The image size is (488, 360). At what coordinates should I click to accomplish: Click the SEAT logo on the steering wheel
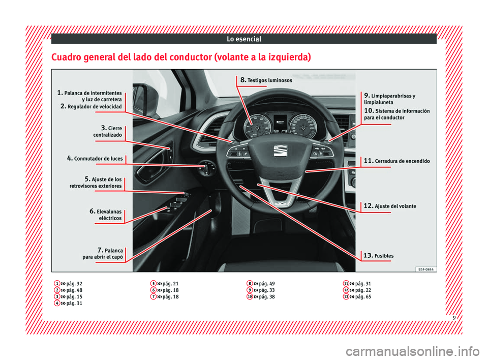coord(280,151)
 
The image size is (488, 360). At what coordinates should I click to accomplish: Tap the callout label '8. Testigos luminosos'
coord(266,80)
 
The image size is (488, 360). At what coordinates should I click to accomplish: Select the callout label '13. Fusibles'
coord(378,255)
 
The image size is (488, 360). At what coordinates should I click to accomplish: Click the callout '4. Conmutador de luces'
coord(95,158)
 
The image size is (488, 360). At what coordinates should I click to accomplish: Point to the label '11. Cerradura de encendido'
coord(397,161)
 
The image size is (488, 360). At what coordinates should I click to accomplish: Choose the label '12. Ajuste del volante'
coord(390,206)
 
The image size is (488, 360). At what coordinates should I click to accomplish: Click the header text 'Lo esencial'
coord(244,39)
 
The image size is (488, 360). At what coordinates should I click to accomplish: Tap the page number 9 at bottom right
coord(454,318)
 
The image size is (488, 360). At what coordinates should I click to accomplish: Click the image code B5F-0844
coord(426,269)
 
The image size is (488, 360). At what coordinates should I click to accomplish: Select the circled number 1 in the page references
coord(57,283)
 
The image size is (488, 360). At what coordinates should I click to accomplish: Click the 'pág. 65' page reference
coord(363,297)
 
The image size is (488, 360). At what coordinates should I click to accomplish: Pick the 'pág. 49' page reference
coord(267,284)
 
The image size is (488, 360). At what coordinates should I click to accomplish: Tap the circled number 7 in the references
coord(153,296)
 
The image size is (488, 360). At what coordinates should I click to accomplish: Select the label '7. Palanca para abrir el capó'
coord(103,254)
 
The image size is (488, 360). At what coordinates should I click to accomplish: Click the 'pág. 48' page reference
coord(74,290)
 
